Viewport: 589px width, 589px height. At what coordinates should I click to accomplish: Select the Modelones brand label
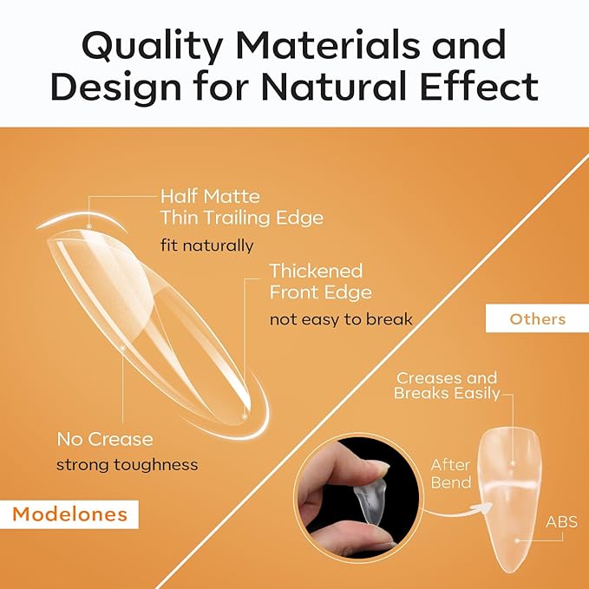(70, 514)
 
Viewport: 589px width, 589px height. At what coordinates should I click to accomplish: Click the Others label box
(537, 318)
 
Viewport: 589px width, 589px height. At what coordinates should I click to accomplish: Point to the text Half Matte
(210, 197)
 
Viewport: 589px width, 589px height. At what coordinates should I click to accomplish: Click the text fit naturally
(206, 245)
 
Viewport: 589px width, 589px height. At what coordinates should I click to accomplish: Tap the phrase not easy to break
(340, 319)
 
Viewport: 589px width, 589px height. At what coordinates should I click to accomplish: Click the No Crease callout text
(104, 439)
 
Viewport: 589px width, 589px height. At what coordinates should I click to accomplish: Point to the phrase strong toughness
(127, 465)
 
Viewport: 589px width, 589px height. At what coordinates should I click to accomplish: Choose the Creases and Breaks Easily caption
(447, 386)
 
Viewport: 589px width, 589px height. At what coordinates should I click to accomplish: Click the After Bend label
(451, 474)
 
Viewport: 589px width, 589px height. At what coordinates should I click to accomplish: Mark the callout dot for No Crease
(123, 348)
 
